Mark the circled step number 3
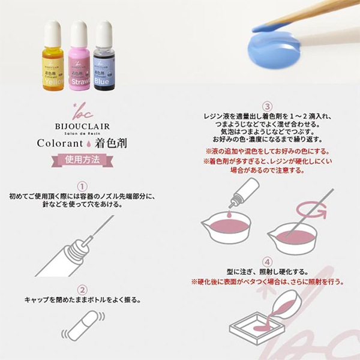coord(268,107)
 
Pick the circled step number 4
coord(268,261)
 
